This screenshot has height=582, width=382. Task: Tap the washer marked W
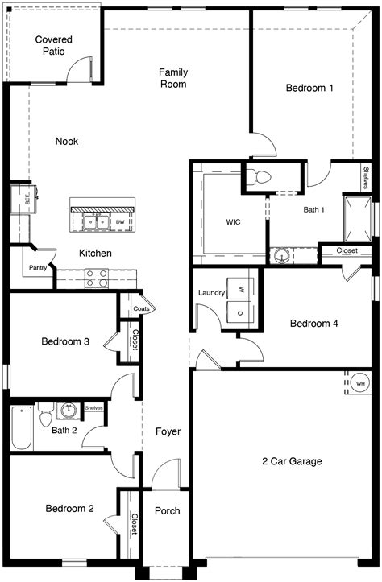click(239, 287)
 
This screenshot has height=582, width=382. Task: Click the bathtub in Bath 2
click(22, 428)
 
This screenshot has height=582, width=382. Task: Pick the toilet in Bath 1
click(260, 177)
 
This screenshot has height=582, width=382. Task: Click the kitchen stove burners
click(96, 278)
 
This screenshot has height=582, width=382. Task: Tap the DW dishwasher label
click(119, 221)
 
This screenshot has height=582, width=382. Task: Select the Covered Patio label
click(52, 45)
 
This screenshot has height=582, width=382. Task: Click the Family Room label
click(173, 77)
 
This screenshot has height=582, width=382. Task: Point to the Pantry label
click(37, 267)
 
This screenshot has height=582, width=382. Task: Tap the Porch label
click(167, 511)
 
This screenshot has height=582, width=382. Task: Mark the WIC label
click(233, 221)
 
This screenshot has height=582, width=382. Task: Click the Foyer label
click(168, 432)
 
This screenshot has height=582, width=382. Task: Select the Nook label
click(66, 142)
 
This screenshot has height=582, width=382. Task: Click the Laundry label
click(210, 293)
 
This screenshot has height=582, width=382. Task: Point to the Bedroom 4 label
click(313, 324)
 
